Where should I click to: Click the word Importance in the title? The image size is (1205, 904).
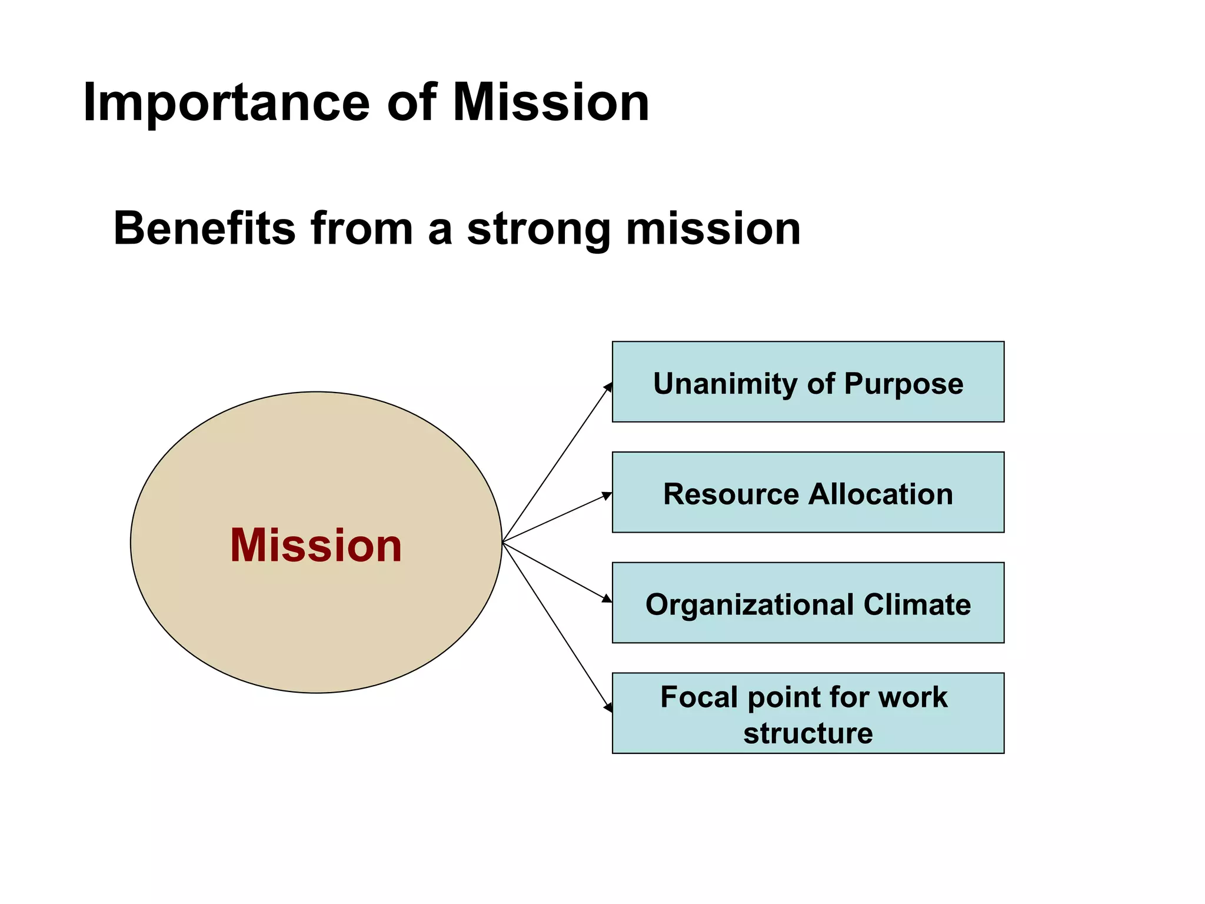click(226, 104)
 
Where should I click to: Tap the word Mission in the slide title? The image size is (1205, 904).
click(551, 102)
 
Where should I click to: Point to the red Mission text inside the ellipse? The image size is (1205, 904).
click(316, 546)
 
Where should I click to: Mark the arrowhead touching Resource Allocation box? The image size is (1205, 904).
click(607, 496)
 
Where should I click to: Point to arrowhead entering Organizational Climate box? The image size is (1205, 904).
click(607, 599)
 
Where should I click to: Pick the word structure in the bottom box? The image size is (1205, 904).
click(808, 733)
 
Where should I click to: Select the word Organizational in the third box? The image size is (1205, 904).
click(750, 605)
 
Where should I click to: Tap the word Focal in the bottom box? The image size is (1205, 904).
click(698, 697)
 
